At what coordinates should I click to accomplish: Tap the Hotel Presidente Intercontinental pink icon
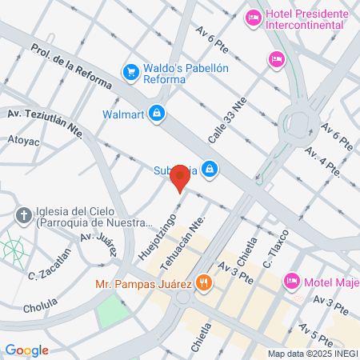[254, 17]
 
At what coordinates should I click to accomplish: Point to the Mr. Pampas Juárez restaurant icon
[204, 282]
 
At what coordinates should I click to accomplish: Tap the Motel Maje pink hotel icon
[291, 281]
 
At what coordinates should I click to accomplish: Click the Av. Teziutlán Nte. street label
[46, 122]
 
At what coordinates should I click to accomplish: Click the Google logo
[27, 350]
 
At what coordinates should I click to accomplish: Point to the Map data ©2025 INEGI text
[310, 354]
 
